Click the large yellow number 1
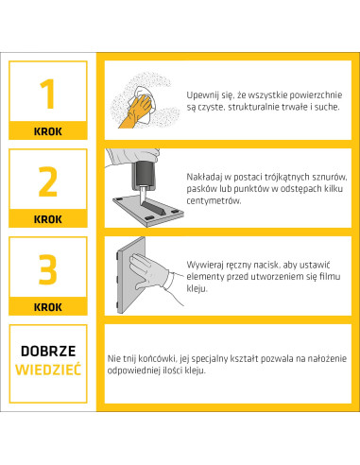click(x=48, y=94)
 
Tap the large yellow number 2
click(x=48, y=181)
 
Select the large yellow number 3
click(x=48, y=269)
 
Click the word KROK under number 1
click(x=48, y=131)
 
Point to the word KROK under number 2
click(x=48, y=219)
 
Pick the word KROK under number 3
click(x=48, y=307)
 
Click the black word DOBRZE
click(x=48, y=351)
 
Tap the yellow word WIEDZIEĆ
click(x=48, y=370)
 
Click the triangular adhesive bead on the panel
click(x=154, y=209)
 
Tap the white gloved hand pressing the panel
click(x=148, y=271)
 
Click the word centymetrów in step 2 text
click(x=214, y=200)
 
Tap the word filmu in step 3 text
click(x=330, y=276)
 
